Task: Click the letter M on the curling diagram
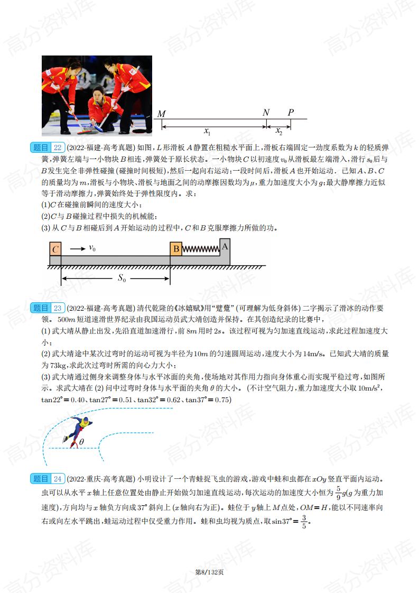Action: [162, 114]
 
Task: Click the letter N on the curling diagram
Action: [266, 113]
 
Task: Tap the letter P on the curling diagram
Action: [291, 113]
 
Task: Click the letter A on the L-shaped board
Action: [225, 245]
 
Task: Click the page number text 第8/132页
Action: [209, 572]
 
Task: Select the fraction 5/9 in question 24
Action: [339, 493]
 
